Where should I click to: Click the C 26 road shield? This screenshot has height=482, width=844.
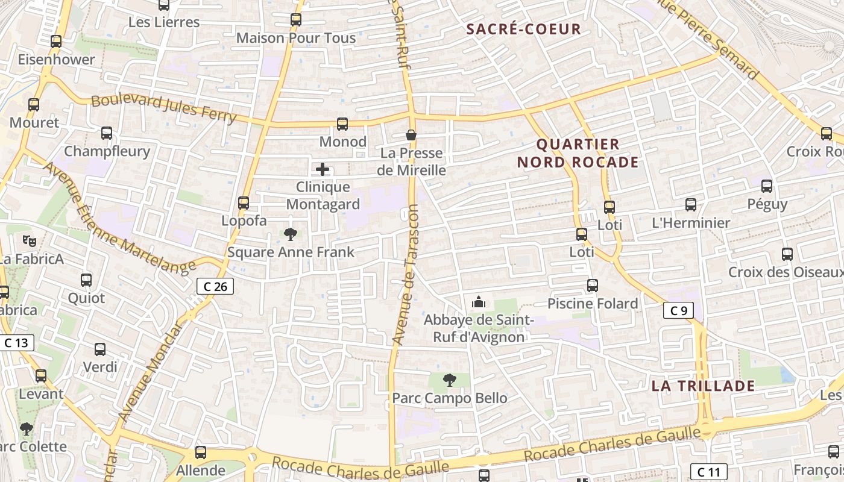(215, 287)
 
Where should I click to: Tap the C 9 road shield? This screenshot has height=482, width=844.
(678, 311)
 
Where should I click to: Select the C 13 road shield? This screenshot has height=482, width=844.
(16, 343)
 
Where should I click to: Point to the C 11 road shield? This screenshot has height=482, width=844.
(708, 472)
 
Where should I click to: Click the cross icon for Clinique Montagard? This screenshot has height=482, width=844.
(323, 169)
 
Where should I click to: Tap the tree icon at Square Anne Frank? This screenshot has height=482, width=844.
(290, 233)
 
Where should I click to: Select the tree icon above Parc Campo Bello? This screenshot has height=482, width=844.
(449, 380)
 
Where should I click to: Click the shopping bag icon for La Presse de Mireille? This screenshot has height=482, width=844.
(411, 135)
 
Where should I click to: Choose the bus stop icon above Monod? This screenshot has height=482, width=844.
(342, 124)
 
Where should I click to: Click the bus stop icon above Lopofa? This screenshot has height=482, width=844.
(244, 203)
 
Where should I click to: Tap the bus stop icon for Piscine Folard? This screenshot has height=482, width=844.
(593, 286)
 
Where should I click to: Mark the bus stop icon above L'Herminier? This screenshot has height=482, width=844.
(691, 205)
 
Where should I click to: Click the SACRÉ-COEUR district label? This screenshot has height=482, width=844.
(524, 29)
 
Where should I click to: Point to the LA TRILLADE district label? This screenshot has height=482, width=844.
(703, 386)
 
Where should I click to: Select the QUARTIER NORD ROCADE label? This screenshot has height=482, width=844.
(578, 153)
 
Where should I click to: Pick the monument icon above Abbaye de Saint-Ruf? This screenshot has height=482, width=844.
(479, 301)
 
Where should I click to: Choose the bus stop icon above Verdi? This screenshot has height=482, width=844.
(100, 349)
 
